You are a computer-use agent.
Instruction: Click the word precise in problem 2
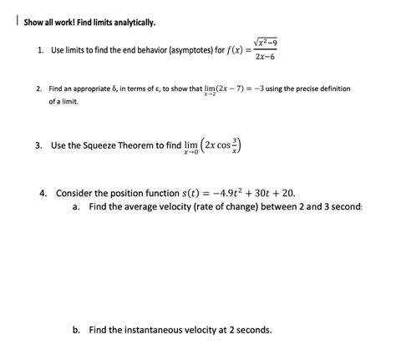click(x=314, y=89)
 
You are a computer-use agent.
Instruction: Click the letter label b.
click(x=76, y=330)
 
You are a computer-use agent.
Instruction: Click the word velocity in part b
click(x=212, y=330)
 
